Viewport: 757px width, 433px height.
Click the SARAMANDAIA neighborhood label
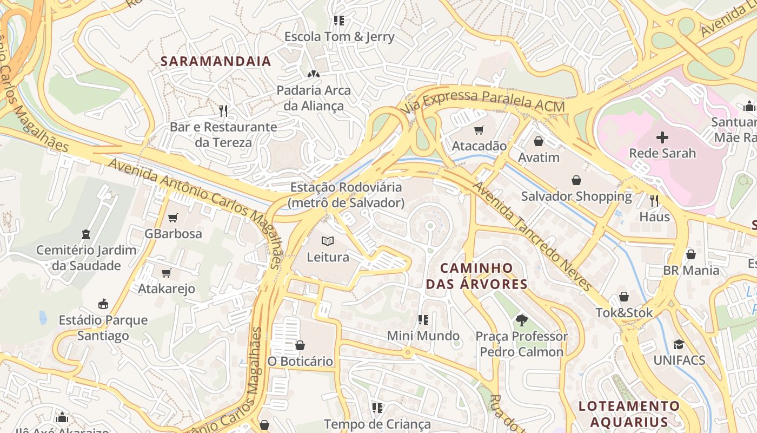[x=216, y=61]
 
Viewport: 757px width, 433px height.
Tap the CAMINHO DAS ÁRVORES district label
[x=476, y=276]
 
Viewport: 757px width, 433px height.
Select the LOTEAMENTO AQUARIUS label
[x=629, y=414]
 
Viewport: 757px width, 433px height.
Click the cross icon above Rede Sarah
[x=662, y=137]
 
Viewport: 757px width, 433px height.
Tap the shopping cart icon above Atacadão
[x=479, y=130]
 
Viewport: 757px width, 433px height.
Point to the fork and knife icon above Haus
[x=654, y=201]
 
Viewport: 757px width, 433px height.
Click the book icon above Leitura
[x=328, y=241]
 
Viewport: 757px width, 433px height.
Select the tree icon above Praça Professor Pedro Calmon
[x=521, y=320]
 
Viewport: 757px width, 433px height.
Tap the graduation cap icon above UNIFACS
[x=679, y=344]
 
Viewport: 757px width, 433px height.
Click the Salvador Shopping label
[x=576, y=196]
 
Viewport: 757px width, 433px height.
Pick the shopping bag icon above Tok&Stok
[x=624, y=297]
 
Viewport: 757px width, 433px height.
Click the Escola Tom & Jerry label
[x=339, y=37]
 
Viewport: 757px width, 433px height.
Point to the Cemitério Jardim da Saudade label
[x=86, y=258]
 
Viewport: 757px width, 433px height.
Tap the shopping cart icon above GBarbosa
[x=172, y=218]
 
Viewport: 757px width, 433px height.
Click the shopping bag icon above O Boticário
[x=300, y=345]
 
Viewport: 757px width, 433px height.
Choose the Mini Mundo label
[x=423, y=336]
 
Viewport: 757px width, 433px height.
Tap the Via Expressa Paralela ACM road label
[x=482, y=101]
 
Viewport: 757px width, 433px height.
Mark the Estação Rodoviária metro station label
[x=346, y=195]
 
